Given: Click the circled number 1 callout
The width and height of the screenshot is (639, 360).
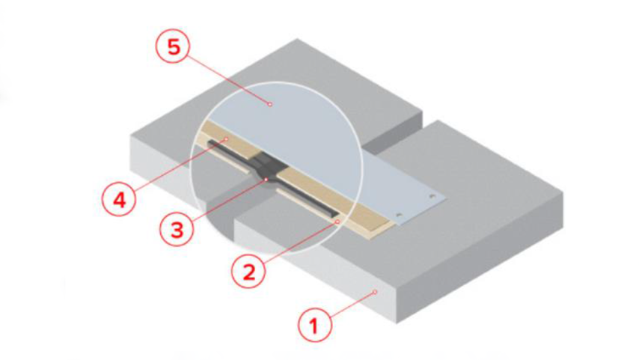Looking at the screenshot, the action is [x=314, y=325].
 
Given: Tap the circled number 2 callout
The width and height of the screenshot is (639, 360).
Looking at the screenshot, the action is [x=248, y=271].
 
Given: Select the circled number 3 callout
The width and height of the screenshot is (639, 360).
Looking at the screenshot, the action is [x=177, y=229].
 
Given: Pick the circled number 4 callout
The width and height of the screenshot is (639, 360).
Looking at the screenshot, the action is [x=119, y=199].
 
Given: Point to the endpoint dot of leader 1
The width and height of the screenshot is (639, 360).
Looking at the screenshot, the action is [x=376, y=292].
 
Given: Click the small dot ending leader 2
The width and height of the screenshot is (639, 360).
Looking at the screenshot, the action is [x=337, y=222].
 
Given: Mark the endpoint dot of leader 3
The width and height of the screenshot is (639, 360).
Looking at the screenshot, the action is [x=266, y=180].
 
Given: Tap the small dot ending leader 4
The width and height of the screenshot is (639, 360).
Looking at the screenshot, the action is [x=226, y=139].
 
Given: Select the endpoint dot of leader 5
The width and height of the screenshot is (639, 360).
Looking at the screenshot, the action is [x=269, y=104].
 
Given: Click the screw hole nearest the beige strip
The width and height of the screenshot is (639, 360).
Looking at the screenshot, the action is [x=400, y=215].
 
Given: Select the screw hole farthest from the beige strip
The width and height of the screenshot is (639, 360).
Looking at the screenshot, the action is [x=432, y=198].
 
